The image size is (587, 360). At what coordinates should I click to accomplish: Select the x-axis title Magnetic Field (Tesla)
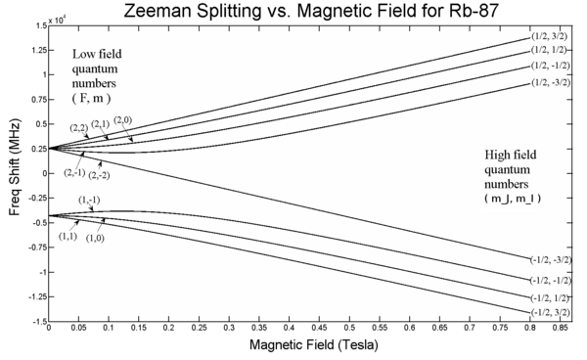coord(314,344)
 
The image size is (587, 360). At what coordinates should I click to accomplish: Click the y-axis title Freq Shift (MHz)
coord(15,167)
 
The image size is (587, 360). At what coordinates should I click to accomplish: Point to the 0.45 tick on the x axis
coord(319,328)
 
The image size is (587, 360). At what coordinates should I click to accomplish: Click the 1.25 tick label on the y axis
coord(39,50)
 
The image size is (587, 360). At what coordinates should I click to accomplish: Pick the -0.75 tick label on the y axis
coord(37,247)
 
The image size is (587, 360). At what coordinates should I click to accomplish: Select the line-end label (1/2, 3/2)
coord(549,36)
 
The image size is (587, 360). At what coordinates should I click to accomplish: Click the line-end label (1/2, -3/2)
coord(551,82)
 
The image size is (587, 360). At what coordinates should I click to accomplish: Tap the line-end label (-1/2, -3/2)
coord(551,259)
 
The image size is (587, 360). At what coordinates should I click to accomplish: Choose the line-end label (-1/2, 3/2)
coord(550,312)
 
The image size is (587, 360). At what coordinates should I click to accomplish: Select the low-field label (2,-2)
coord(99,175)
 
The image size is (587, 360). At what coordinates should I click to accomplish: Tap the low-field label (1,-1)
coord(89,201)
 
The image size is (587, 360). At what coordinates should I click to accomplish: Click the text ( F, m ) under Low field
coord(91,98)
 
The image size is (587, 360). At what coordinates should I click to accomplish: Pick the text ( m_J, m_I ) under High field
coord(513,199)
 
